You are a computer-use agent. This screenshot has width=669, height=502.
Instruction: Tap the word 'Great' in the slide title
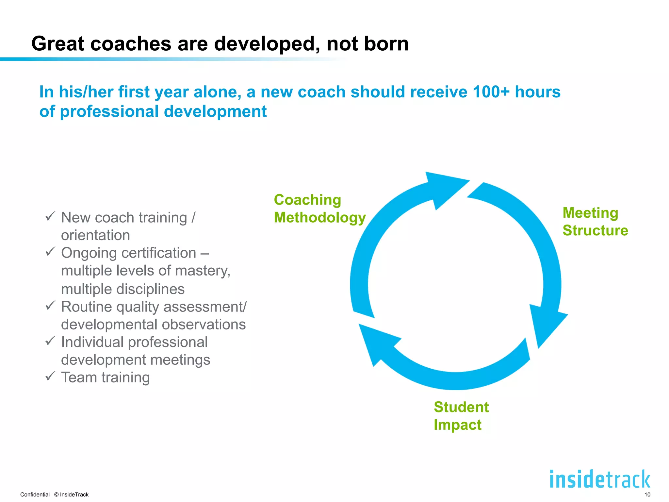click(57, 43)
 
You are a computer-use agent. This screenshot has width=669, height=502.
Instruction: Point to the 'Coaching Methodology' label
click(319, 209)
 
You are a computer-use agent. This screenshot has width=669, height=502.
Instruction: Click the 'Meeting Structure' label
click(595, 222)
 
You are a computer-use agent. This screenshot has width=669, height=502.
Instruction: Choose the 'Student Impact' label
click(461, 416)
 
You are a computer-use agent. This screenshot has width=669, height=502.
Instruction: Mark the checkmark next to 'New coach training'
click(50, 216)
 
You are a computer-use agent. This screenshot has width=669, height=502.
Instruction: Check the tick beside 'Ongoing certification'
click(50, 251)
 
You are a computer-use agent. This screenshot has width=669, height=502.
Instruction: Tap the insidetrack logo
click(600, 479)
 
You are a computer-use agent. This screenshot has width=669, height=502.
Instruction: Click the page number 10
click(647, 494)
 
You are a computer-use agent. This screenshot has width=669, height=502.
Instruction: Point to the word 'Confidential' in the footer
click(35, 494)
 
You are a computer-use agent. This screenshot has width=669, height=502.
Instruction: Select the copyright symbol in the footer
click(56, 494)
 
